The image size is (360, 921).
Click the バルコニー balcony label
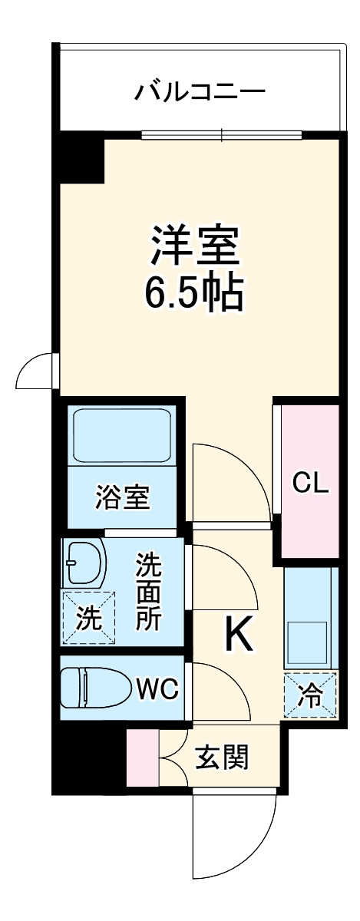200,92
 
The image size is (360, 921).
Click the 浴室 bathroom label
122,498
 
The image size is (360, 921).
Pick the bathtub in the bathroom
122,437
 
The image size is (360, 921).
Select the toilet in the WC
95,687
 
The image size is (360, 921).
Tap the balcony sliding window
223,136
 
